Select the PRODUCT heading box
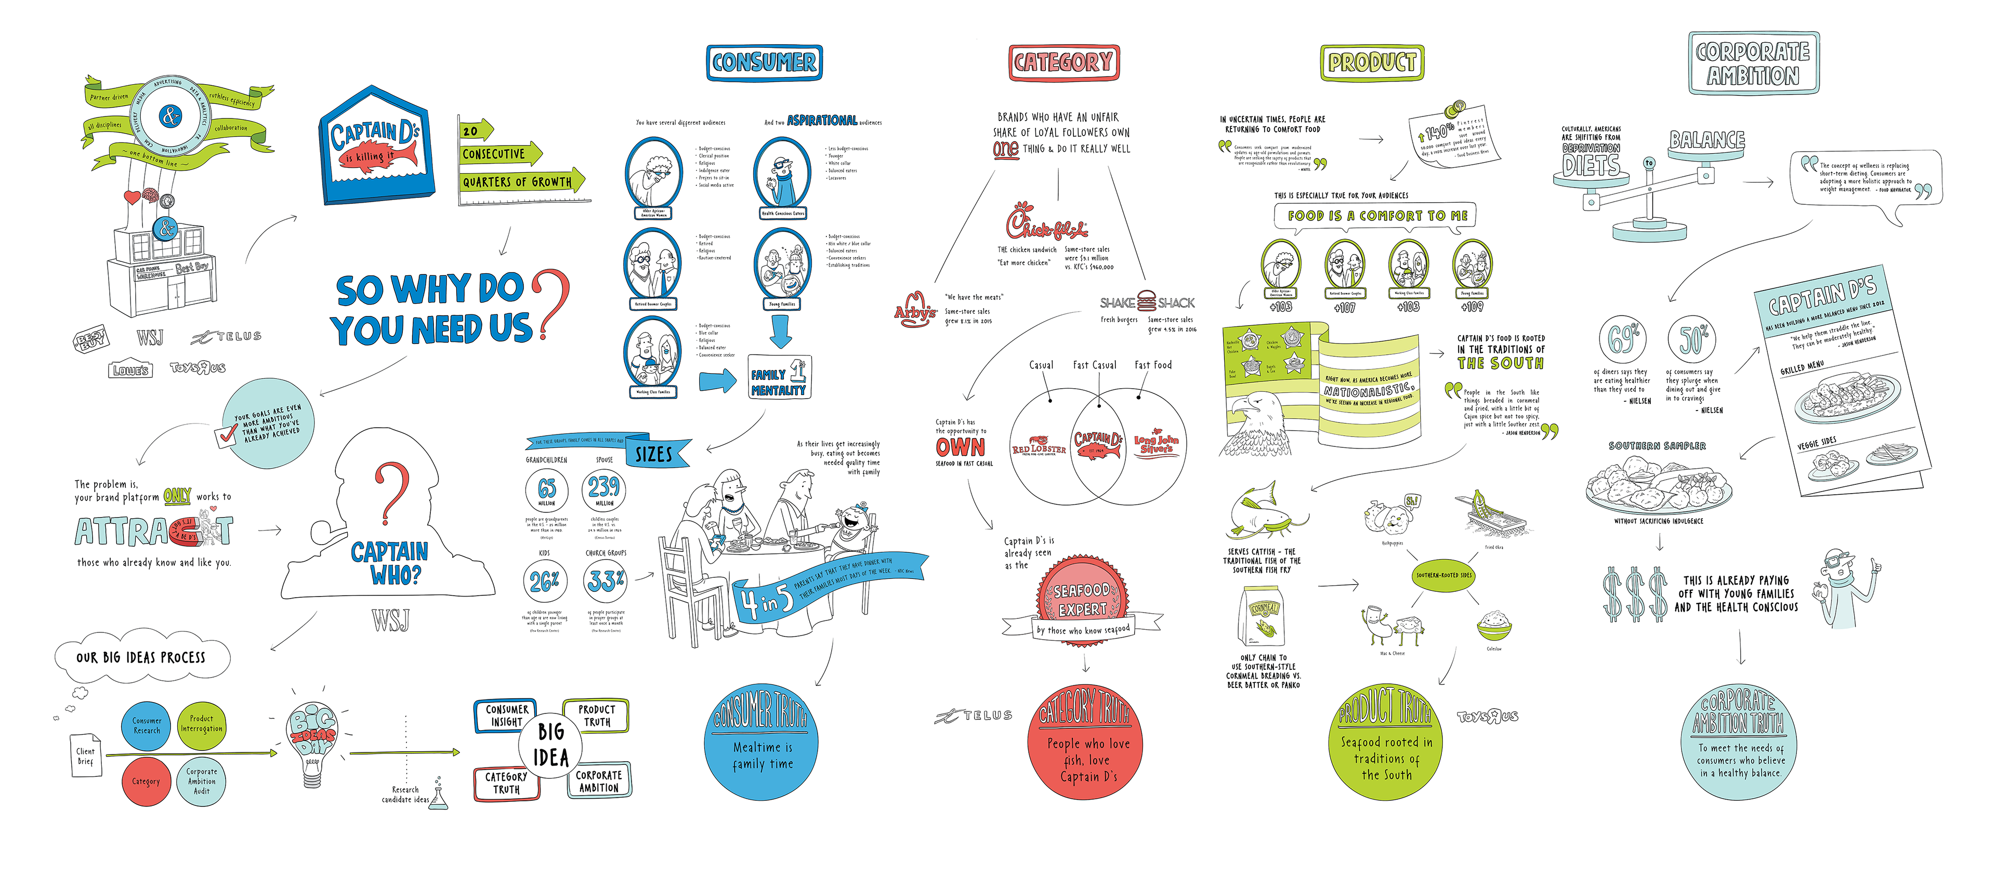[x=1372, y=62]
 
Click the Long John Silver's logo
[x=1156, y=444]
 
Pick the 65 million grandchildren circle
[x=546, y=490]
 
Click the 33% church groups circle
[x=605, y=581]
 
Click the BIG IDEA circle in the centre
[x=551, y=745]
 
